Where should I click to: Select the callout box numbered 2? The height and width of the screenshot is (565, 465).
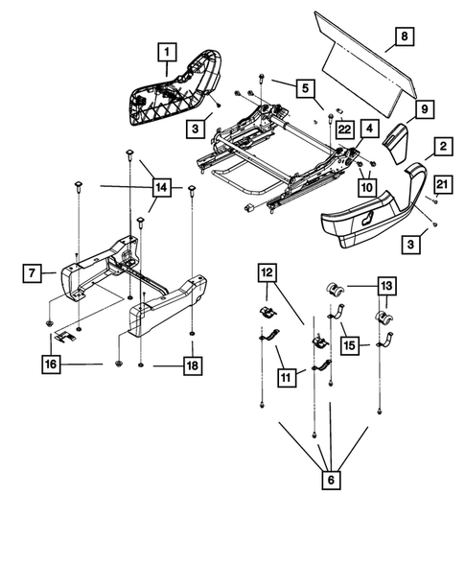coord(442,147)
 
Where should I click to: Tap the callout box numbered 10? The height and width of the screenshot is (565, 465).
coord(366,188)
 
